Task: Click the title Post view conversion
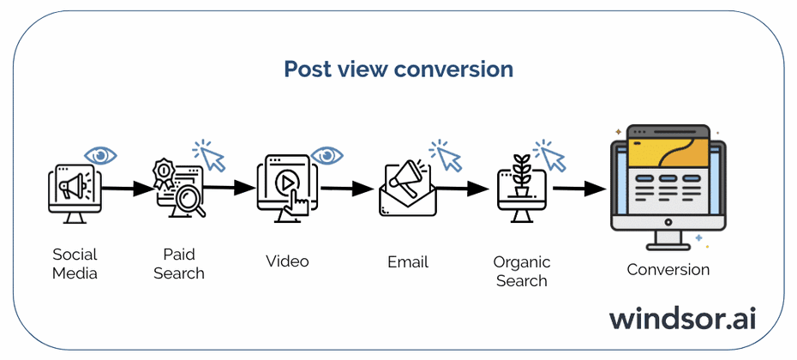[x=398, y=69]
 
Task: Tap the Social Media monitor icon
[x=75, y=193]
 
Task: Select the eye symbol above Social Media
[x=101, y=155]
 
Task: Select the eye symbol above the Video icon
[x=327, y=155]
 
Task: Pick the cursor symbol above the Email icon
[x=446, y=157]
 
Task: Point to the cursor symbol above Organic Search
[x=550, y=157]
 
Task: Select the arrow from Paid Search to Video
[x=230, y=188]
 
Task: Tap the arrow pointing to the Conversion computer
[x=579, y=189]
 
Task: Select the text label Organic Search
[x=522, y=272]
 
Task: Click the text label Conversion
[x=668, y=270]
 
